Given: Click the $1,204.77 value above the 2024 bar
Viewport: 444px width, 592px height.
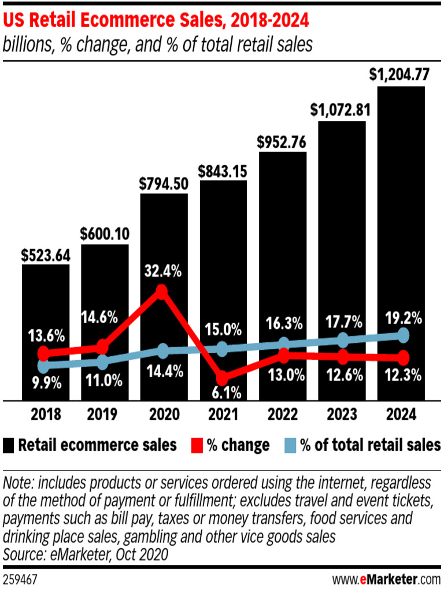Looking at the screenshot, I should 401,75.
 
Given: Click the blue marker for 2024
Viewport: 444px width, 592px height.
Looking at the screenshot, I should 404,335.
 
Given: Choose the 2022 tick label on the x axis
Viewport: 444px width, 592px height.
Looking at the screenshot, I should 282,415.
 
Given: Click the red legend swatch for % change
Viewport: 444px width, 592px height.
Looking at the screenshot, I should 197,445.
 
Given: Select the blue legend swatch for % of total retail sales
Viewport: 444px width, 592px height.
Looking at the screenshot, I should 292,445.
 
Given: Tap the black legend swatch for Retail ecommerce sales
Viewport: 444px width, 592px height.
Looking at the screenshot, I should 9,445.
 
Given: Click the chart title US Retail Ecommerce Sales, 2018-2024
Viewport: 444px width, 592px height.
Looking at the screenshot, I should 156,21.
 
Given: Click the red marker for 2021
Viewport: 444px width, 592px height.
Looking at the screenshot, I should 221,376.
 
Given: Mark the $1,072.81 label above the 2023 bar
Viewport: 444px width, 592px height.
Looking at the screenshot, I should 341,109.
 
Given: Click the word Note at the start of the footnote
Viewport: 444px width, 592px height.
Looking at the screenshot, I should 17,483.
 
